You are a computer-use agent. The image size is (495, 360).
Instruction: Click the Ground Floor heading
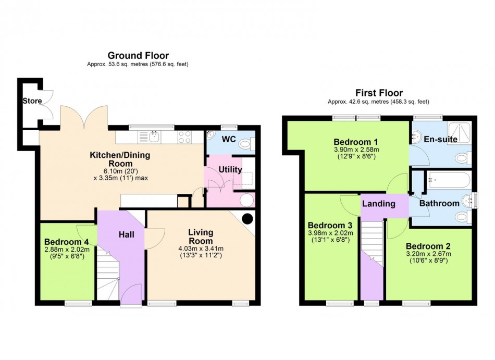point(138,56)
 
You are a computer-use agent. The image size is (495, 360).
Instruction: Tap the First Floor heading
point(379,93)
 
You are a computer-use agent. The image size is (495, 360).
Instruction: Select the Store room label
point(32,101)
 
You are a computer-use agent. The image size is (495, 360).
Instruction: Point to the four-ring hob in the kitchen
point(184,137)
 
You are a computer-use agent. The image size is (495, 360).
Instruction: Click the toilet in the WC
point(246,145)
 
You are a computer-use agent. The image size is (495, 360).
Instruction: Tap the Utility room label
point(230,169)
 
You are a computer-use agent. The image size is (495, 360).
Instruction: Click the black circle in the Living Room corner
point(247,218)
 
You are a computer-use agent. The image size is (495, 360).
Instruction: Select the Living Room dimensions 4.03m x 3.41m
point(201,249)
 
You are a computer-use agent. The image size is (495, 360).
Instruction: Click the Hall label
point(127,234)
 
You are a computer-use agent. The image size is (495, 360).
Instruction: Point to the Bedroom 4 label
point(67,242)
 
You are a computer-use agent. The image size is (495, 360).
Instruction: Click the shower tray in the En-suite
point(460,132)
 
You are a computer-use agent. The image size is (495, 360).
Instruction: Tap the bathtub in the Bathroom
point(449,180)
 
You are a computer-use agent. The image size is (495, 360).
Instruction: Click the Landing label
point(378,204)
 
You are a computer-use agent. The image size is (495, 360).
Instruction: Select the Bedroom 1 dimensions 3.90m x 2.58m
point(356,150)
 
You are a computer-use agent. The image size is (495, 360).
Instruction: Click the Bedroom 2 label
point(428,246)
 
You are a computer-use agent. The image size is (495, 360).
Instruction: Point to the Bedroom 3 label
point(330,225)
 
